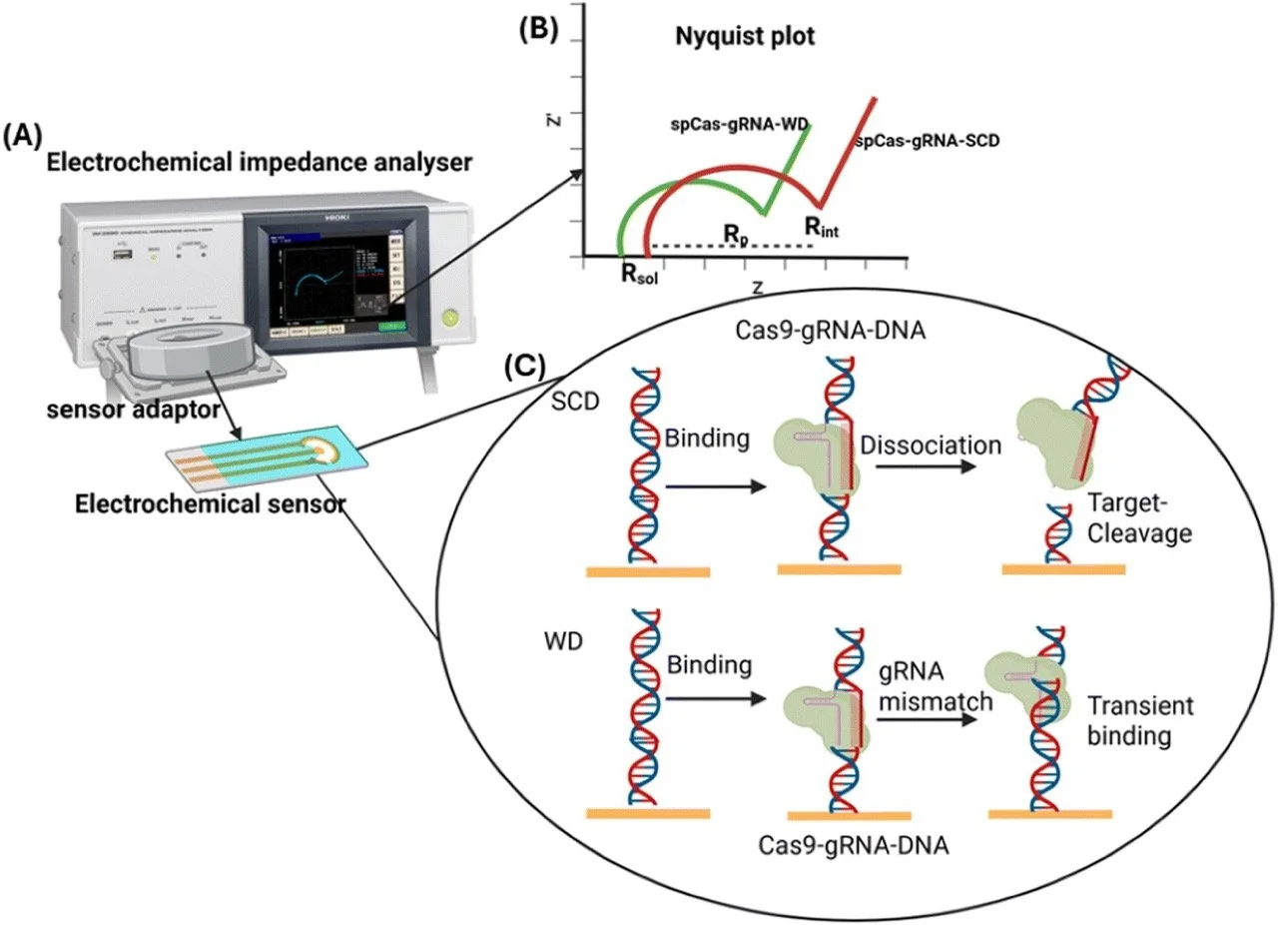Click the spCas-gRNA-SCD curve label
[x=928, y=142]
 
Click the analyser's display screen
[x=329, y=277]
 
